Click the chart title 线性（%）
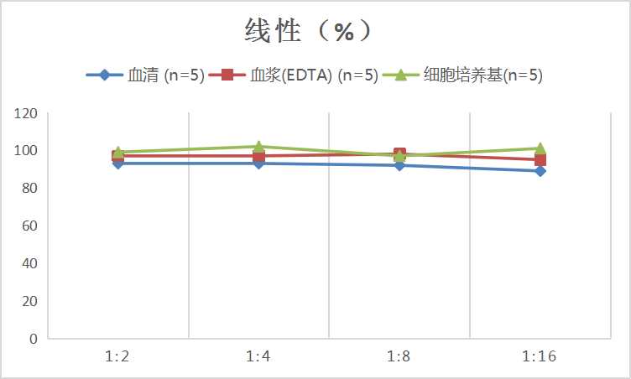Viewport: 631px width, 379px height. coord(307,31)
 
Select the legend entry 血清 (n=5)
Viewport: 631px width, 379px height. coord(166,75)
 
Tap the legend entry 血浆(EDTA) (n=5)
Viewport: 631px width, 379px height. coord(314,75)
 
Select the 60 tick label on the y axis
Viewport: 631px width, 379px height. coord(29,226)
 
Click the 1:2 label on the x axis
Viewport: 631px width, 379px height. coord(117,356)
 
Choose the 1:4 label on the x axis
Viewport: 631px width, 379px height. coord(258,356)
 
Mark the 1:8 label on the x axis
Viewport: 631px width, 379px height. coord(399,356)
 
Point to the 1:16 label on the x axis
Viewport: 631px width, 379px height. coord(540,356)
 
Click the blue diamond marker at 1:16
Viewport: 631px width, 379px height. coord(540,171)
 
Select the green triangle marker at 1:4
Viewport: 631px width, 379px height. coord(258,147)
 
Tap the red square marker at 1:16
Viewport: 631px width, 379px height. coord(540,159)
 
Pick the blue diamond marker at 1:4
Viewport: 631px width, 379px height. coord(258,164)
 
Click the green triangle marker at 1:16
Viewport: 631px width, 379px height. coord(540,148)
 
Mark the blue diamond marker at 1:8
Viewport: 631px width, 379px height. coord(399,165)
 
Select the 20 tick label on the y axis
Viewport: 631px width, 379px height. coord(29,301)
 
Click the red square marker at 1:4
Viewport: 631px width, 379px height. coord(258,156)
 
